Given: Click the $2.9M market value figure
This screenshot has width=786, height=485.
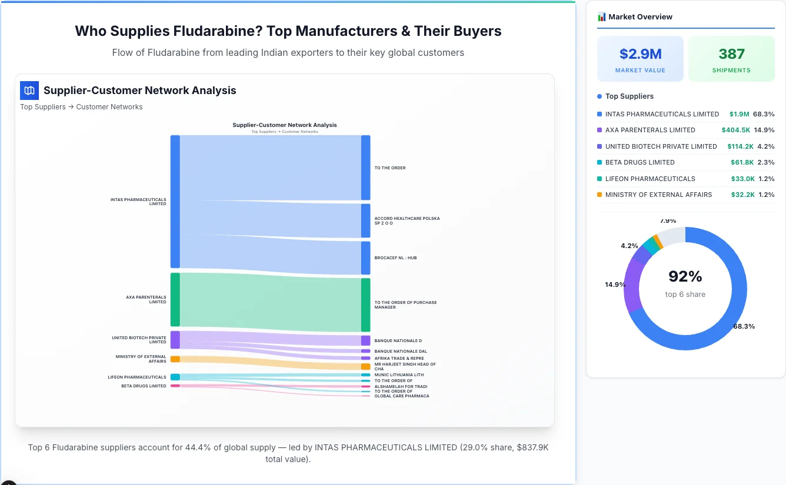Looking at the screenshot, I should (640, 54).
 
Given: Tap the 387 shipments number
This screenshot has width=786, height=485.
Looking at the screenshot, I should (731, 54).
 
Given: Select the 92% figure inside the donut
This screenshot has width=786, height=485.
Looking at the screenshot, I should (685, 276).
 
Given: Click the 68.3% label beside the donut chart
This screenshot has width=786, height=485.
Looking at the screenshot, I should (744, 326).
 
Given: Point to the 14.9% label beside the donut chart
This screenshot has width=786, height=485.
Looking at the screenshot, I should (615, 285).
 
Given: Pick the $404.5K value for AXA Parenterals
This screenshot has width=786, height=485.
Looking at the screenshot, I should (735, 130).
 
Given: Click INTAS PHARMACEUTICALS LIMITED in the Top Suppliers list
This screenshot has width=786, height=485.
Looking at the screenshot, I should (662, 114).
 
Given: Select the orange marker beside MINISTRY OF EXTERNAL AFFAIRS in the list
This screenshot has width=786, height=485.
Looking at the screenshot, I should (600, 195).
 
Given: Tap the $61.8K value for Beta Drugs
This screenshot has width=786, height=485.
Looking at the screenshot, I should (741, 162).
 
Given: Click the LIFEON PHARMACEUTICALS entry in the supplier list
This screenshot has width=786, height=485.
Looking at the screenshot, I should (650, 179).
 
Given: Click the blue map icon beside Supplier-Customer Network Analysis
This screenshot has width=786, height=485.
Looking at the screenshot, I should (29, 91).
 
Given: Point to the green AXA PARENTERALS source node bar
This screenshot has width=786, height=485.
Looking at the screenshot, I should (175, 299).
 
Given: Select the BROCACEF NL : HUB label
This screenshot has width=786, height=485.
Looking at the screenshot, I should (395, 257).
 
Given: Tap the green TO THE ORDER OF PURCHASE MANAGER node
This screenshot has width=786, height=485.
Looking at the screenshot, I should (366, 305).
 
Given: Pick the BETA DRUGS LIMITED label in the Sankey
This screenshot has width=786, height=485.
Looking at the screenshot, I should (144, 386).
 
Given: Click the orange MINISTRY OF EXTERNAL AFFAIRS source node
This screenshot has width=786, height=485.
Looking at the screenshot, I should (175, 359).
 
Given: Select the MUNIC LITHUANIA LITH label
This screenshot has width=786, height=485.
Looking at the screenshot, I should (399, 374).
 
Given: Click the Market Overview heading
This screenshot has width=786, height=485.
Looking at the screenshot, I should (640, 17).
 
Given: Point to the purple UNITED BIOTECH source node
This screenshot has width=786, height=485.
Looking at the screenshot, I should (175, 340).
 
